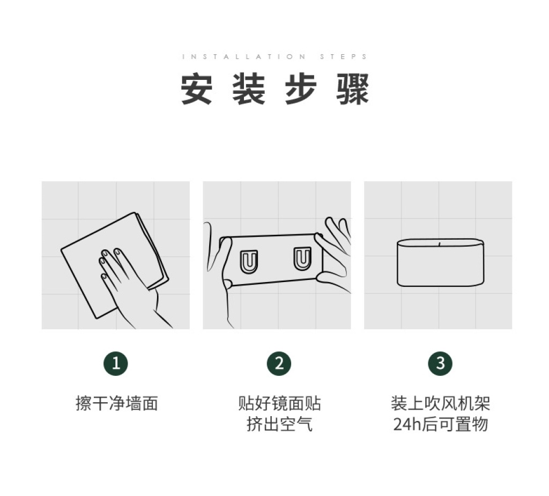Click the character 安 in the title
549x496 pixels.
tap(196, 88)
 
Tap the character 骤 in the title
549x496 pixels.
tap(353, 88)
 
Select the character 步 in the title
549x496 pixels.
tap(301, 88)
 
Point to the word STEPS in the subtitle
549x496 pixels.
tap(344, 56)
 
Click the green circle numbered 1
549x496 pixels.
tap(116, 364)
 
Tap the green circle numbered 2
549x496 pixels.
tap(279, 364)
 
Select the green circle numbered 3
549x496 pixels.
tap(441, 364)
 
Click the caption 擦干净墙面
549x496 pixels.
tap(116, 403)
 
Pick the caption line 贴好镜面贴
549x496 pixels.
tap(279, 403)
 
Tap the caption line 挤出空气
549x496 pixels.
tap(279, 424)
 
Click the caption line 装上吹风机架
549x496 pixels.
tap(441, 403)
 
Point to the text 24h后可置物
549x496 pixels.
tap(441, 424)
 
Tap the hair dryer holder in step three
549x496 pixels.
tap(441, 263)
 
